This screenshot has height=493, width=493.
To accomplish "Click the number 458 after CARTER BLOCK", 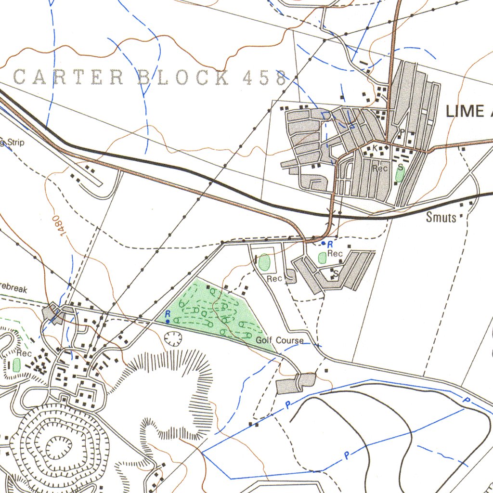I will click(x=265, y=77).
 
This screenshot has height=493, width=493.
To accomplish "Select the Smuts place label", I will click(x=441, y=218).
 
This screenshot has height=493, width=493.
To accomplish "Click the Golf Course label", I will click(x=280, y=340).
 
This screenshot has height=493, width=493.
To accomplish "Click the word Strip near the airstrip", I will click(x=14, y=143).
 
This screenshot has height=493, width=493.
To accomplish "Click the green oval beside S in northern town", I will click(x=399, y=175).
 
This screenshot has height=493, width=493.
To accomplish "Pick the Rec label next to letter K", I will click(x=380, y=169).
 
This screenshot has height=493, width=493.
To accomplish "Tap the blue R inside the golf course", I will click(x=168, y=313).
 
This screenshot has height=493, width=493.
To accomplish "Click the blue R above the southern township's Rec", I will click(x=330, y=244).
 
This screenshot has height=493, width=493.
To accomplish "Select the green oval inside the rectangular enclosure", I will click(x=264, y=263).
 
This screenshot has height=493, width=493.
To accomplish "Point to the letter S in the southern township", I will click(x=336, y=273).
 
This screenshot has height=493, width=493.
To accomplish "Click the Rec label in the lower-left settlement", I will click(x=24, y=353).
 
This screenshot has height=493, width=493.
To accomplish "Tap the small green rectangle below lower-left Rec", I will click(x=16, y=365).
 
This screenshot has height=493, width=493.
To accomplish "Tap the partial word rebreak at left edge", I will click(x=13, y=289).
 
